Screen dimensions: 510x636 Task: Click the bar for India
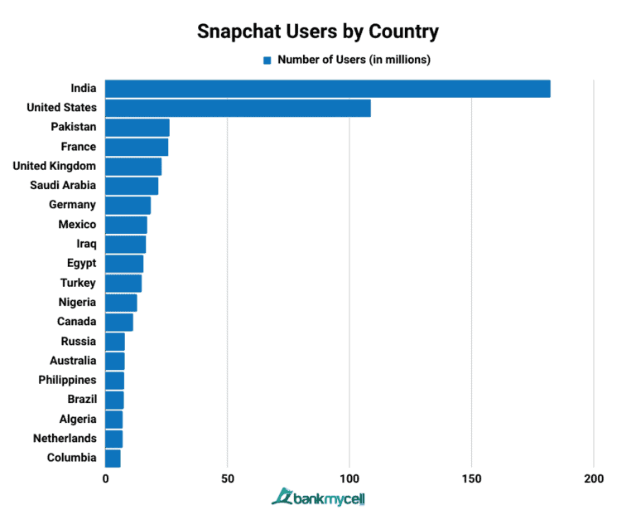pos(327,89)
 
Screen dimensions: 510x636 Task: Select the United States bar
pos(238,108)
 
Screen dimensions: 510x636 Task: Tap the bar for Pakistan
pos(137,127)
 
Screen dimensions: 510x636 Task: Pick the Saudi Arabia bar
pos(132,186)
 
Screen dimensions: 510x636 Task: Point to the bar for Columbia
pos(113,458)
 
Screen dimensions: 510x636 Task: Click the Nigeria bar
pos(121,303)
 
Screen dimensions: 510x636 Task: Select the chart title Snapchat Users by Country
pos(318,32)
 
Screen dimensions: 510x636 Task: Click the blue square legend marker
pos(267,60)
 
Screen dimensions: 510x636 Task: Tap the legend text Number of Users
pos(354,60)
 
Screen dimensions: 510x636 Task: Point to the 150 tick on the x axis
pos(471,478)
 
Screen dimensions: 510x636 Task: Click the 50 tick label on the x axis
pos(228,478)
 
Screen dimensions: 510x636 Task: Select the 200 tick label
pos(593,478)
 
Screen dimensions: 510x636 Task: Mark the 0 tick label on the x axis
pos(106,478)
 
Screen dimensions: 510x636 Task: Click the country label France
pos(79,147)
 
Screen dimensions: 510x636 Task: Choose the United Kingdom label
pos(55,166)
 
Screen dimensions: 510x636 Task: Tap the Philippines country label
pos(67,380)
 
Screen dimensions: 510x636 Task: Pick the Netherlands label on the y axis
pos(65,438)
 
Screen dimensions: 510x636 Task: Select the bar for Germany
pos(128,205)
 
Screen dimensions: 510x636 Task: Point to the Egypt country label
pos(81,263)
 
